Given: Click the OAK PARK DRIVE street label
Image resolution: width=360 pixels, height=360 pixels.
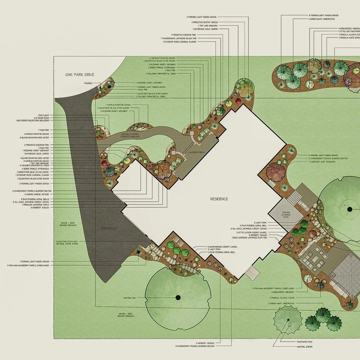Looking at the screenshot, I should (x=80, y=75).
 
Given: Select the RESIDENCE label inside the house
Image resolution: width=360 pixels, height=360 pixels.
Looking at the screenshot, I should (x=219, y=199).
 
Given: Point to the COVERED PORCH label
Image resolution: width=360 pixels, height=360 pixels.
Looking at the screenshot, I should (x=196, y=153).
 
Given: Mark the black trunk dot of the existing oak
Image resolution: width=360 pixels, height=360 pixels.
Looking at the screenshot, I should (x=178, y=297).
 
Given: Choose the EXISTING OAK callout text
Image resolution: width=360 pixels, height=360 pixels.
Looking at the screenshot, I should (x=129, y=298).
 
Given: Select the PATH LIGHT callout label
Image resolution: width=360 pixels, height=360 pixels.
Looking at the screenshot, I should (x=44, y=115).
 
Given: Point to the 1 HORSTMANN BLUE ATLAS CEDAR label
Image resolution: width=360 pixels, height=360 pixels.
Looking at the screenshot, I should (x=35, y=172).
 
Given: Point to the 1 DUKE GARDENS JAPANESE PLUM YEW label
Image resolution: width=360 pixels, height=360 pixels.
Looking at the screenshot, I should (x=255, y=238).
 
